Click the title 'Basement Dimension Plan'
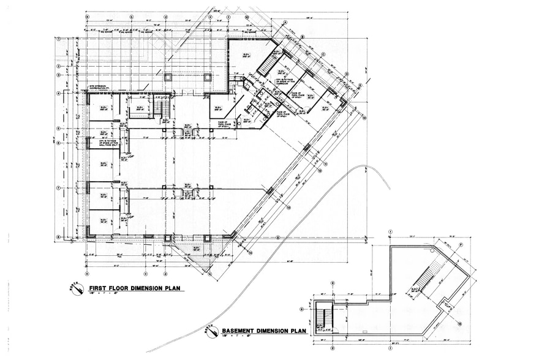263,331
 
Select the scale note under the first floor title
101,296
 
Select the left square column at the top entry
168,78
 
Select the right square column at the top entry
208,78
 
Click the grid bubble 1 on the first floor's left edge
59,39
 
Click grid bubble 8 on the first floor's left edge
59,238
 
